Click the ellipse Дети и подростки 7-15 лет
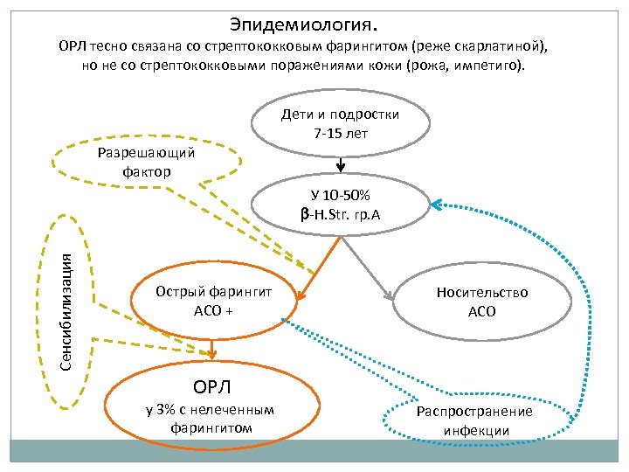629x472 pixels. point(341,124)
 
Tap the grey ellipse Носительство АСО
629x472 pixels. point(482,301)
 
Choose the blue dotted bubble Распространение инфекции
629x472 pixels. point(475,420)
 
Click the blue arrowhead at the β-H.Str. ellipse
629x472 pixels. point(437,205)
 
